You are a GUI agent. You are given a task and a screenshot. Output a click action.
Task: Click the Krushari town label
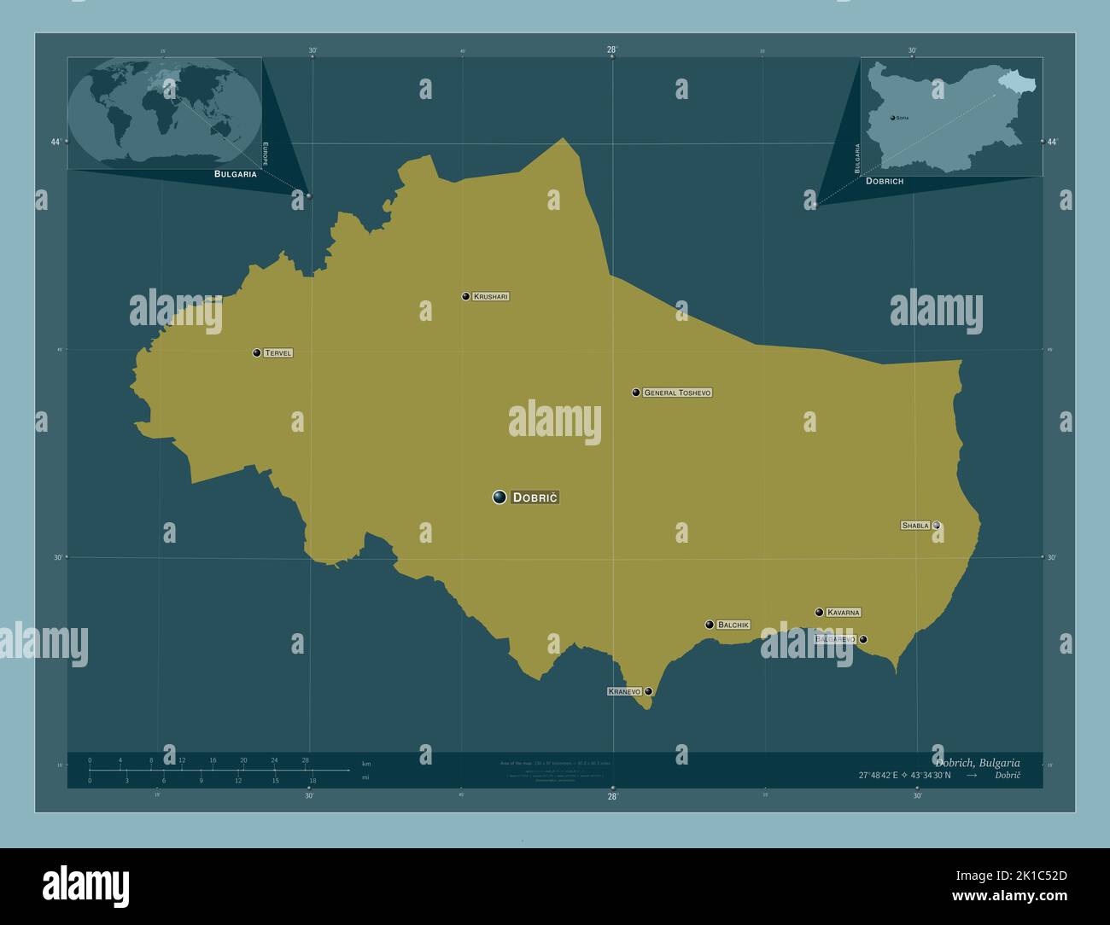[491, 297]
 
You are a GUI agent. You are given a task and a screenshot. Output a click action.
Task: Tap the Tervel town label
[277, 352]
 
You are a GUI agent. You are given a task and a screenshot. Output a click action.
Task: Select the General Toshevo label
[677, 393]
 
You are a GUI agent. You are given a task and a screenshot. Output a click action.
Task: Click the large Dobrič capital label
[535, 497]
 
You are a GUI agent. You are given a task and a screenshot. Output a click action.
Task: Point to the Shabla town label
[915, 526]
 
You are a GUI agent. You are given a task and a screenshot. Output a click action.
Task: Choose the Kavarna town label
[844, 612]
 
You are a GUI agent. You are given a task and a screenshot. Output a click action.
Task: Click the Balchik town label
[733, 625]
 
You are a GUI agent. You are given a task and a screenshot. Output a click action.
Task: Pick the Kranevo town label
[624, 691]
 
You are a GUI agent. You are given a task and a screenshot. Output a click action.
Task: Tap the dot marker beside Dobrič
[499, 497]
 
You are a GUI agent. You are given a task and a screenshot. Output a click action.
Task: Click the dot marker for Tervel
[256, 352]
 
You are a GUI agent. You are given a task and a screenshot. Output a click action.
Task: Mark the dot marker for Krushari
[465, 297]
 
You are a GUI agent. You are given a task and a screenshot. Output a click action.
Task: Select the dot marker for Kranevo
[649, 691]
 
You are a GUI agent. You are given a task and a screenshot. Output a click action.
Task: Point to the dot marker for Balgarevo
[863, 639]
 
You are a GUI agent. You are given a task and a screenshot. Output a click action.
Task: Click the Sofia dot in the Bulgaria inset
[892, 117]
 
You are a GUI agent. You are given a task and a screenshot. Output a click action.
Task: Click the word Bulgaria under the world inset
[236, 174]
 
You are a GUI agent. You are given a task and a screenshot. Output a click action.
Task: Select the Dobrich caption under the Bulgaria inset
[885, 181]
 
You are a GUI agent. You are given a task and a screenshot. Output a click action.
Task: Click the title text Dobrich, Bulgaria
[977, 763]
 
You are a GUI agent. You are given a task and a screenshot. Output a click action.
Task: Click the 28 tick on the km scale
[305, 759]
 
